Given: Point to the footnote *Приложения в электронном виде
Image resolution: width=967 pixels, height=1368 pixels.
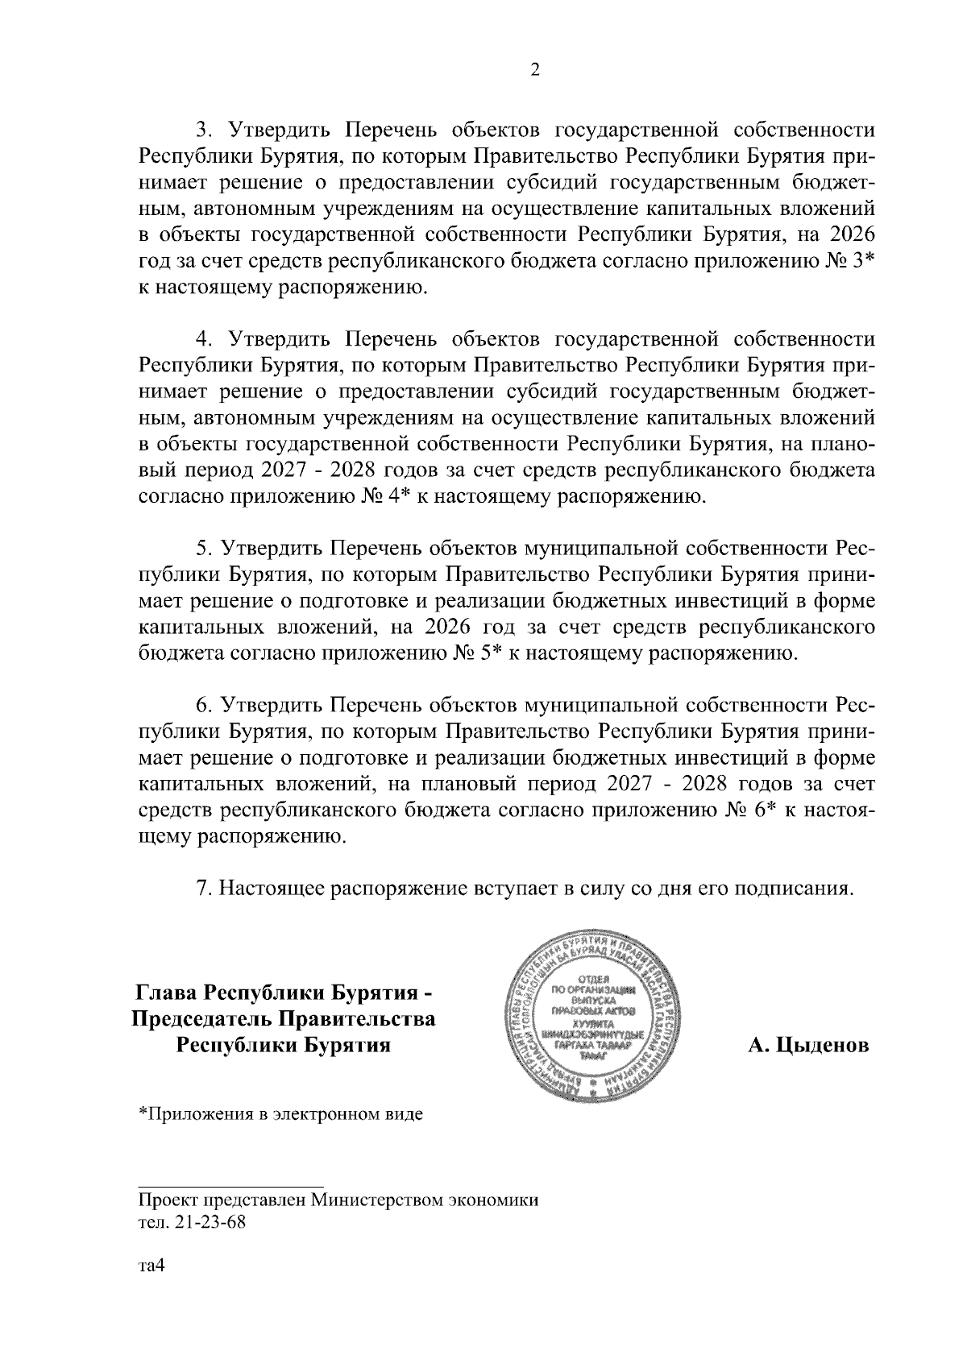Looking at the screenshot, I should pos(281,1115).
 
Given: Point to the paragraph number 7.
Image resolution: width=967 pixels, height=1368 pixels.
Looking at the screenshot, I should pos(204,888).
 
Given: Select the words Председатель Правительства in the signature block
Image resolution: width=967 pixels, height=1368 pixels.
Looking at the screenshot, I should pos(283,1019).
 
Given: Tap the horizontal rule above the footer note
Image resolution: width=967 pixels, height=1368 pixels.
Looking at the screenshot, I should pos(231,1185).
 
